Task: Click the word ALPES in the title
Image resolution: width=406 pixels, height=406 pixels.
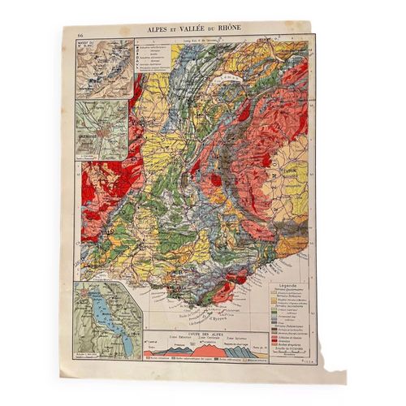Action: tap(161, 28)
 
